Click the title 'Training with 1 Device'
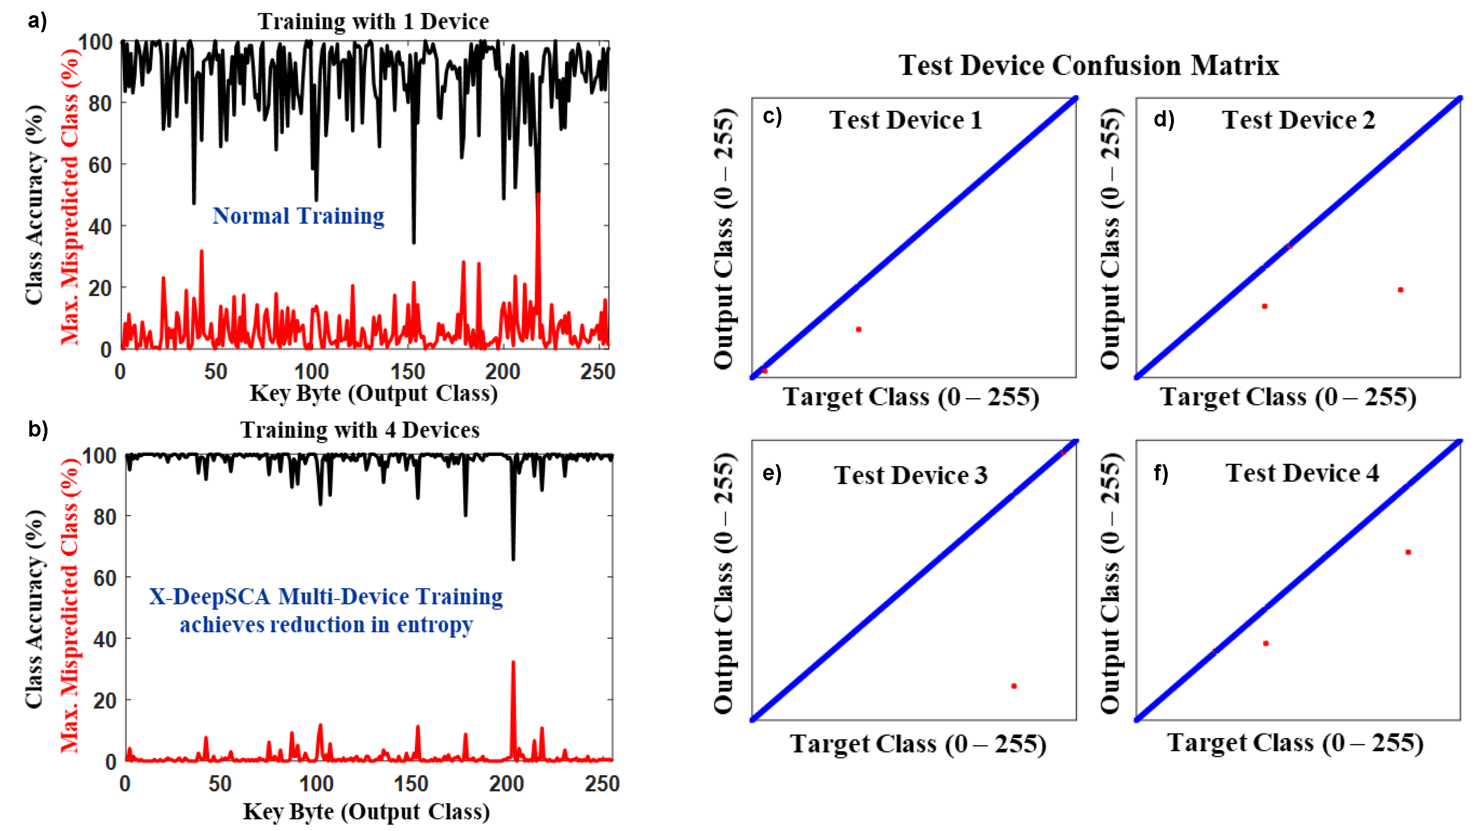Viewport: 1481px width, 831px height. (373, 22)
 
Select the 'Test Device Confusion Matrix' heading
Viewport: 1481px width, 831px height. (1088, 65)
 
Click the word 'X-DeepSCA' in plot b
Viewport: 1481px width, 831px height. (210, 597)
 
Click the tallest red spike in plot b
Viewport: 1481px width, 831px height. (513, 663)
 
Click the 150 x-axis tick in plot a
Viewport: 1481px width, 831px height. (407, 371)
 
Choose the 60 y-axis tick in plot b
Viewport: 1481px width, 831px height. (105, 578)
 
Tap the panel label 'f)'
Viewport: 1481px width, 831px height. (1161, 473)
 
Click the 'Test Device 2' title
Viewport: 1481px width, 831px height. (1298, 120)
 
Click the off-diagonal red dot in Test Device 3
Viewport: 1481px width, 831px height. (1014, 686)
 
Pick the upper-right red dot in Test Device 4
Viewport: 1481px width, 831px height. (1408, 552)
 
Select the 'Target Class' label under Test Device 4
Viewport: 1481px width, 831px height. (1295, 743)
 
